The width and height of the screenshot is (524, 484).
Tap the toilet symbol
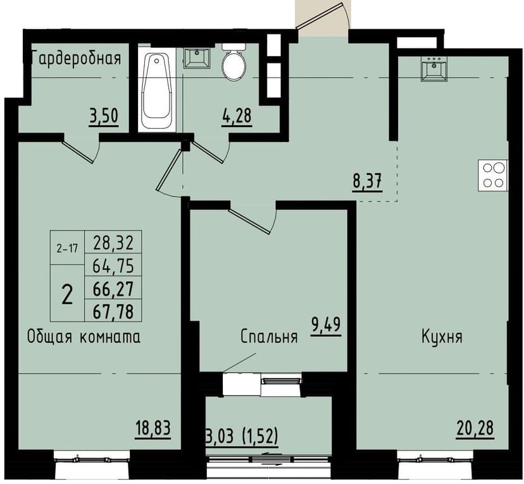[234, 62]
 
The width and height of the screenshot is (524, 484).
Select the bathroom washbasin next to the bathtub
[197, 58]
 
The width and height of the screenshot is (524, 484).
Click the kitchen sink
[435, 70]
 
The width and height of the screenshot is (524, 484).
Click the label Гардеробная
[75, 59]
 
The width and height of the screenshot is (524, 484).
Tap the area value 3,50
[104, 117]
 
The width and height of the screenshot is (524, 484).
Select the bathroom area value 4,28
[237, 117]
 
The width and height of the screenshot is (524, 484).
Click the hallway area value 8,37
[366, 183]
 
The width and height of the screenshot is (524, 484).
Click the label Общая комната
[83, 337]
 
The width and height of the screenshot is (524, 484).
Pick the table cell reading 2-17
[66, 248]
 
